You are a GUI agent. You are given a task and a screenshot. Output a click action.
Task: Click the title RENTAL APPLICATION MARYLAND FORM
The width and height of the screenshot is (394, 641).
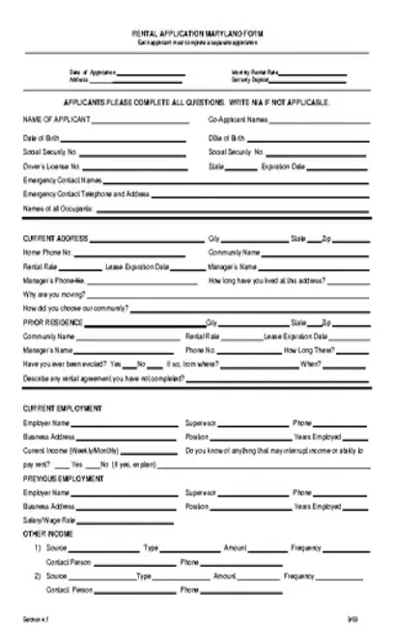click(196, 32)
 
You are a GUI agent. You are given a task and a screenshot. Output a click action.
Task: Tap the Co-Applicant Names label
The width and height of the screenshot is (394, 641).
click(239, 120)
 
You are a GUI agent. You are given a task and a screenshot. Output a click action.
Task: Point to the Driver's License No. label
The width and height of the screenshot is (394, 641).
click(50, 166)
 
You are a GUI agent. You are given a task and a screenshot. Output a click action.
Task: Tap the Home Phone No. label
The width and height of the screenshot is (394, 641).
click(48, 252)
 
